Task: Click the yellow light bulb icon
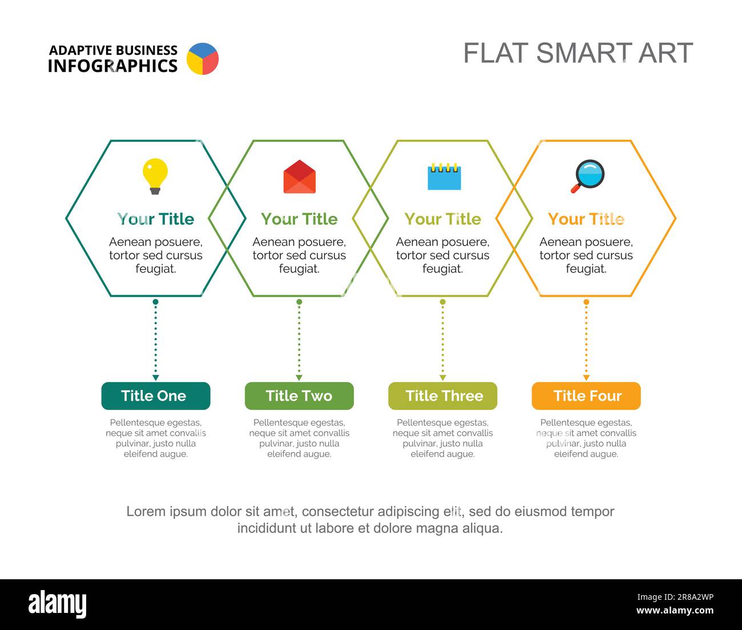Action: point(155,176)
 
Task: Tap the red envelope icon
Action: point(300,177)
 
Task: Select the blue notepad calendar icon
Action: point(444,176)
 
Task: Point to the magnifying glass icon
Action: point(588,176)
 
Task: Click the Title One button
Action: point(156,396)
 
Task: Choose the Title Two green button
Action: point(299,396)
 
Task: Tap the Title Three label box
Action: point(442,396)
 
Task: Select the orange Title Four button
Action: point(586,396)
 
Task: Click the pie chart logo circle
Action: point(203,59)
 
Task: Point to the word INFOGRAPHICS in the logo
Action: point(112,66)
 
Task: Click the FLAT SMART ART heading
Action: point(578,53)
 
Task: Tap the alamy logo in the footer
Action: point(58,604)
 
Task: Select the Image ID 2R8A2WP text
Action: point(675,597)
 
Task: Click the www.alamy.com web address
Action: point(675,610)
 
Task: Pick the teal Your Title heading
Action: point(156,219)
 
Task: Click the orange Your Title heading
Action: point(586,219)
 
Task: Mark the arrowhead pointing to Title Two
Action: point(299,378)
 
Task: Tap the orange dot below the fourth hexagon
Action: point(586,302)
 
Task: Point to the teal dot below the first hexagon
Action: point(155,302)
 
